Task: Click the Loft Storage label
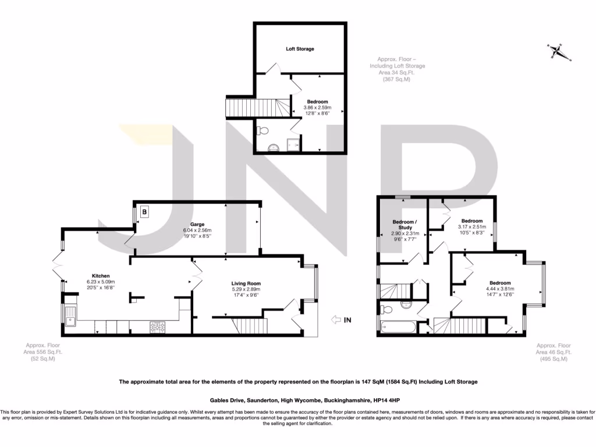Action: click(300, 49)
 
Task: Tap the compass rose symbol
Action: click(559, 51)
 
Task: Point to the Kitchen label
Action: click(101, 276)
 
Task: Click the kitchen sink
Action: click(71, 317)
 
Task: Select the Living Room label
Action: click(245, 283)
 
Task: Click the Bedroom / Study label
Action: click(404, 225)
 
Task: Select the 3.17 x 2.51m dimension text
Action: click(471, 227)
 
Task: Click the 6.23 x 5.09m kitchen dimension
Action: click(101, 282)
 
